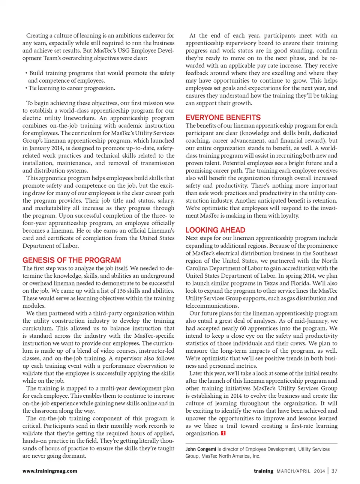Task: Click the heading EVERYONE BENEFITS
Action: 223,117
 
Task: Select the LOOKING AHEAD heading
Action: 215,230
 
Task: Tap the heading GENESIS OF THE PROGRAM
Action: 72,260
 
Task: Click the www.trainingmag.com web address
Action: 50,471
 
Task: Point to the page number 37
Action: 334,471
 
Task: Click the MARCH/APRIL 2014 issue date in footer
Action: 301,471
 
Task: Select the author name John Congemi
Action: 201,449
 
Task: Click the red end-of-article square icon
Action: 223,433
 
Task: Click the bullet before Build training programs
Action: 26,73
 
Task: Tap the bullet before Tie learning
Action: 26,88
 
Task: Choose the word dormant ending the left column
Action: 73,456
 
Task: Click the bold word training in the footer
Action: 264,471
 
